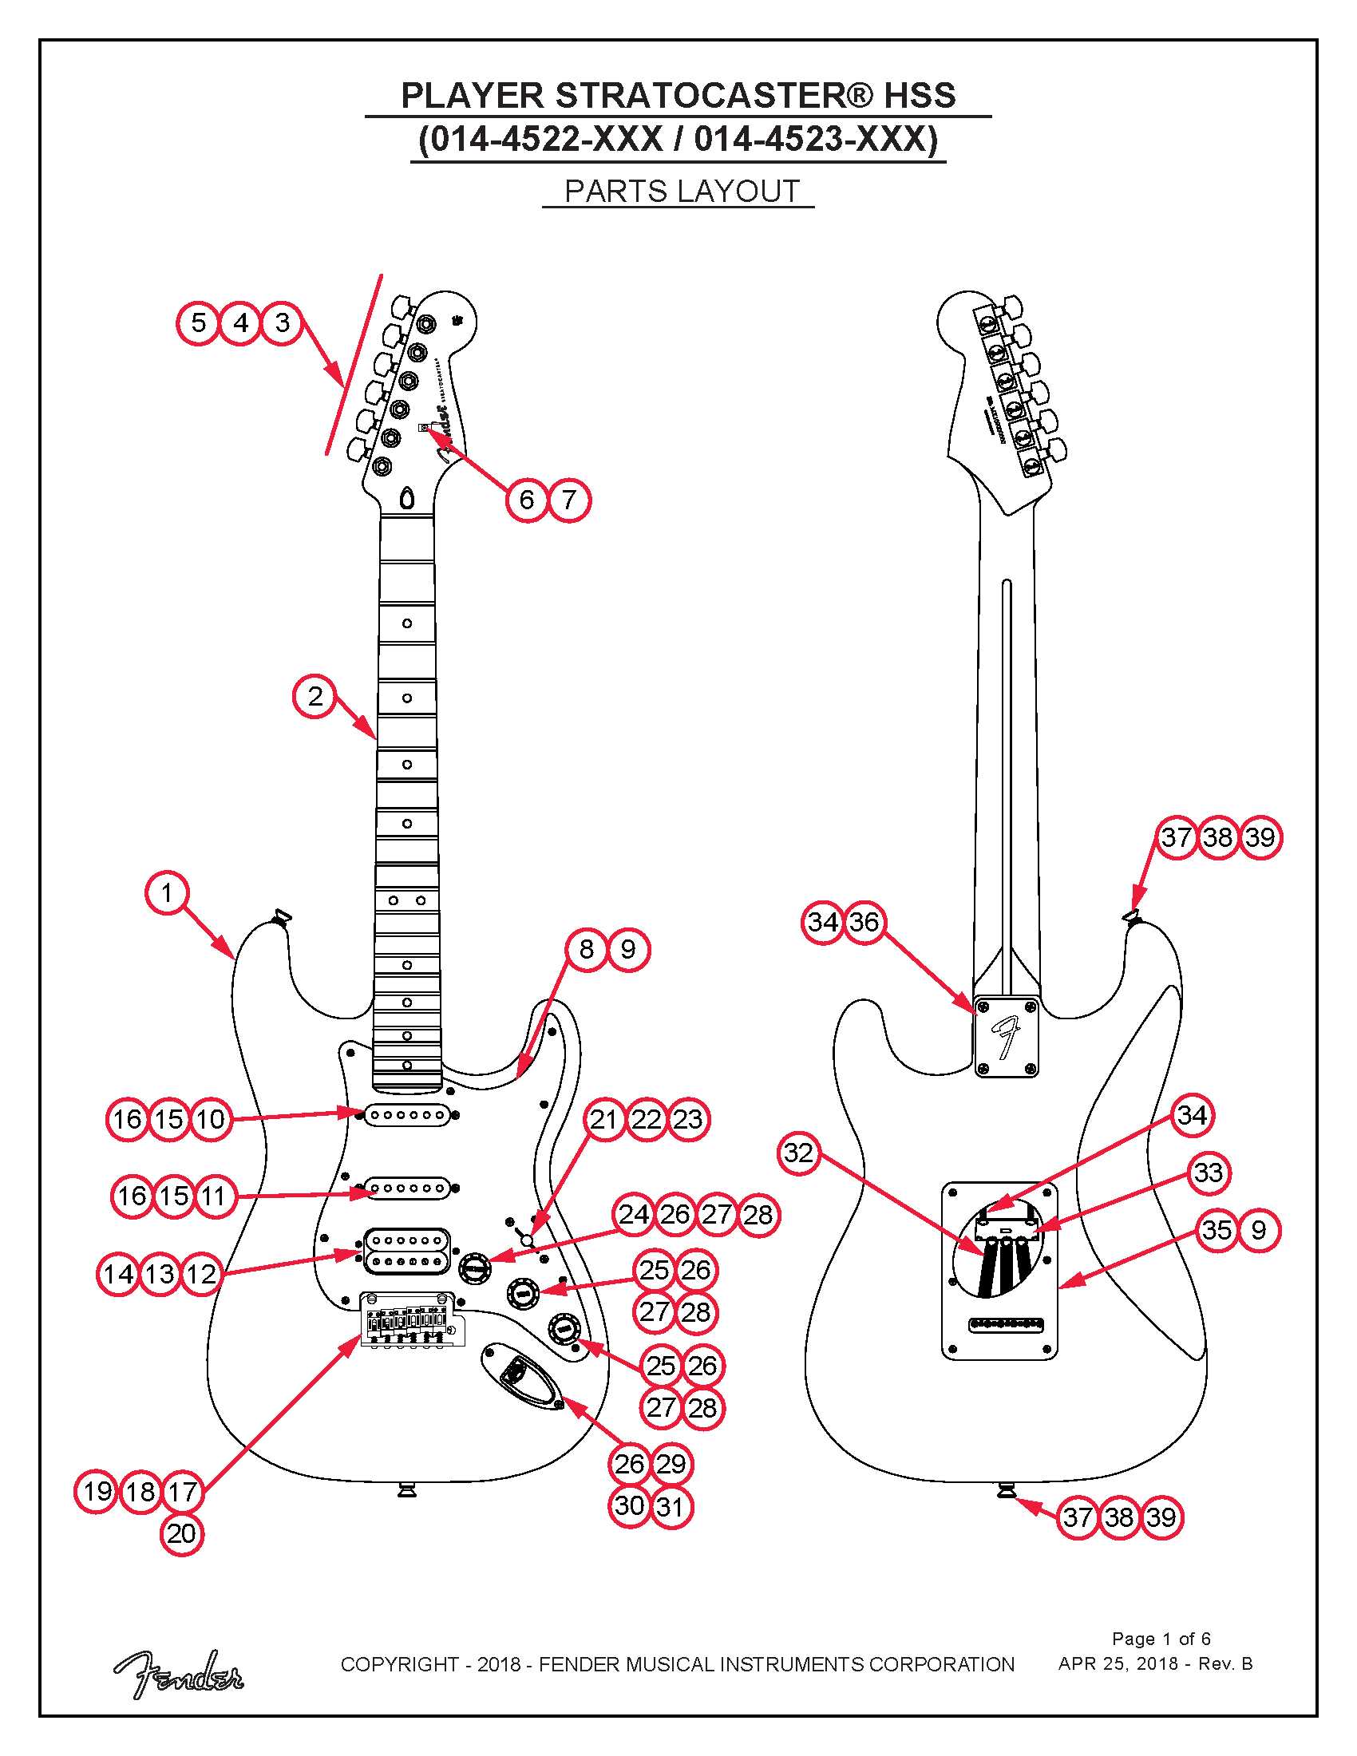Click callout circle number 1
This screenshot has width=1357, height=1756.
[x=166, y=893]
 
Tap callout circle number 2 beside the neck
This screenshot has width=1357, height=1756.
[x=315, y=696]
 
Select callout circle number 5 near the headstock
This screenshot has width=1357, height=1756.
[x=198, y=323]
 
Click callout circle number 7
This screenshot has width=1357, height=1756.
[x=569, y=500]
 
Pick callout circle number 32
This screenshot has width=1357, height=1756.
[x=799, y=1153]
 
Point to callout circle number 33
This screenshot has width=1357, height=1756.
[x=1209, y=1173]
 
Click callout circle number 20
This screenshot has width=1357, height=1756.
[x=182, y=1534]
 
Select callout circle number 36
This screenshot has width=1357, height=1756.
[x=864, y=922]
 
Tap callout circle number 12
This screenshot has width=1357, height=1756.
[x=201, y=1274]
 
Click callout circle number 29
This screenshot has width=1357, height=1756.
[x=671, y=1464]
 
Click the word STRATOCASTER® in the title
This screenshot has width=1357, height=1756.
[x=713, y=96]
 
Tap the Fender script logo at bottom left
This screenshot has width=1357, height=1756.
[x=179, y=1674]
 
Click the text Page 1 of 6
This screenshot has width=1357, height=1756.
[x=1161, y=1639]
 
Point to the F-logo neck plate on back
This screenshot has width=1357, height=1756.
[x=1007, y=1037]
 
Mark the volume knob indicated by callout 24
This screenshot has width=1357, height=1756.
[x=475, y=1268]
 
